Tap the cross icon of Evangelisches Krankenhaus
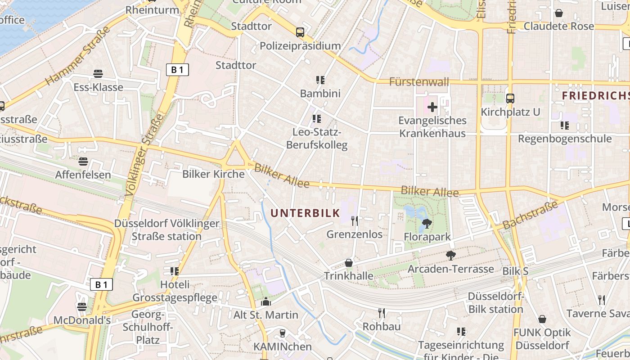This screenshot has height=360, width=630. click(432, 107)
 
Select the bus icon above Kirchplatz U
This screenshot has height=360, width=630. click(510, 98)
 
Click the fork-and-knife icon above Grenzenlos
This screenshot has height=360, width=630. click(355, 220)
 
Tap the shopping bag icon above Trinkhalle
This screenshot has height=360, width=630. click(349, 263)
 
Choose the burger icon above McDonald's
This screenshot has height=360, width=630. click(82, 307)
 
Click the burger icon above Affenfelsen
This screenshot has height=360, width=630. click(83, 161)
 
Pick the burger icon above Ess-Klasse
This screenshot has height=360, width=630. click(98, 74)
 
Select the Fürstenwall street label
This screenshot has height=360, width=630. click(419, 82)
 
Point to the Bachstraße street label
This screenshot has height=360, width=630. click(530, 215)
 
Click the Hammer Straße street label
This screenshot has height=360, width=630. click(78, 56)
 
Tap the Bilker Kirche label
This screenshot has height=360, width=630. click(213, 174)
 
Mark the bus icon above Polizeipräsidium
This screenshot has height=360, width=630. click(300, 32)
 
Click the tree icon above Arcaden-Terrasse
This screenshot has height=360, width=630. click(450, 256)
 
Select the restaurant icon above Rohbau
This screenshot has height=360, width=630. click(382, 313)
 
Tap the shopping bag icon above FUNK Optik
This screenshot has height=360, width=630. click(542, 319)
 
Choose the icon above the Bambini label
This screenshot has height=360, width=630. click(320, 80)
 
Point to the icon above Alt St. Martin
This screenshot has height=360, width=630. click(266, 301)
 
